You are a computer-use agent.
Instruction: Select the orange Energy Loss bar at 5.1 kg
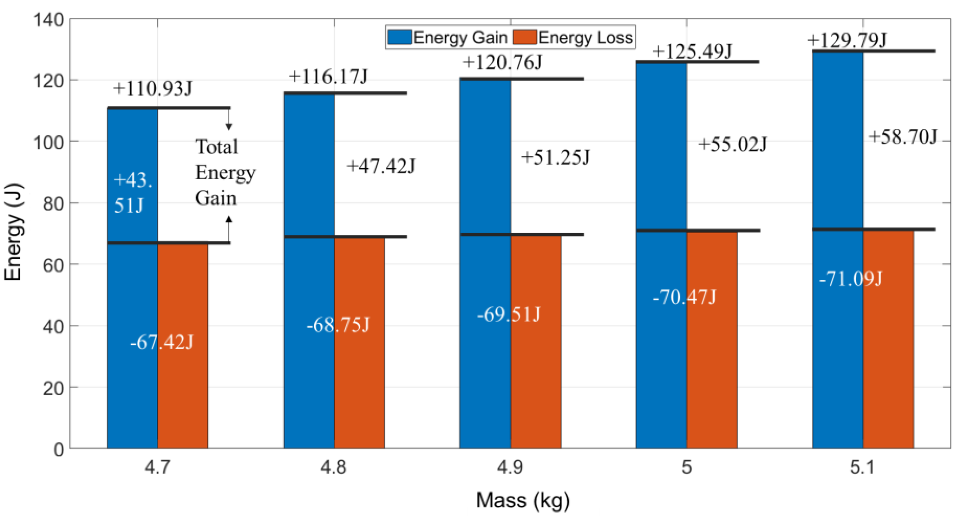point(888,373)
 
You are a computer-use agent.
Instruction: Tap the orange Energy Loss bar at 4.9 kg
point(536,373)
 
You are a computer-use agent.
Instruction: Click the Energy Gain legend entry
point(447,38)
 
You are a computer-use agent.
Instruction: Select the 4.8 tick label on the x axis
point(333,467)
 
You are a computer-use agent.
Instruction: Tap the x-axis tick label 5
point(686,467)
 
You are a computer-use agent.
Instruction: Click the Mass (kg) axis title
point(523,500)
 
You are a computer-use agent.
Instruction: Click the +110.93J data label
point(152,89)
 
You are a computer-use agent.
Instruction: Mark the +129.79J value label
point(847,40)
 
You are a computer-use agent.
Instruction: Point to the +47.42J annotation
point(381,166)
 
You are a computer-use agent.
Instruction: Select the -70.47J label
point(684,297)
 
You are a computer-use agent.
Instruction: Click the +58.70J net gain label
point(903,137)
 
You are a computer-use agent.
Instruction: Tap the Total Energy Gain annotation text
point(225,172)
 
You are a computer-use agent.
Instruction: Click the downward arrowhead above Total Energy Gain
point(229,127)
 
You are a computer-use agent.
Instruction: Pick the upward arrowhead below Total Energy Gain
point(229,219)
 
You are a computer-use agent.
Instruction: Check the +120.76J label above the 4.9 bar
point(502,62)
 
